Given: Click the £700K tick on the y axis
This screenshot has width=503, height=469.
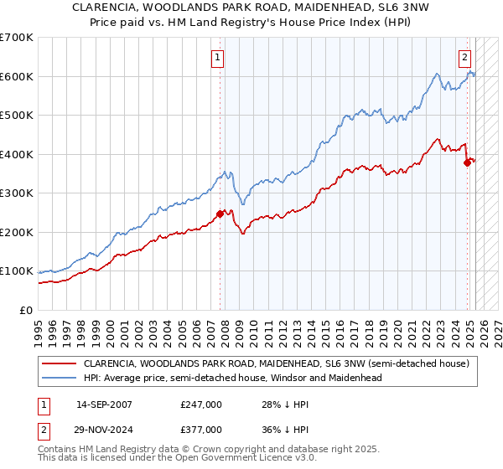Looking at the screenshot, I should click(17, 38).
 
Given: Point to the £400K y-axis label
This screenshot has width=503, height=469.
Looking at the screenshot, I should click(17, 154).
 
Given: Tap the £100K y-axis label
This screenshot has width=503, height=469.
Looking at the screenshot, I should click(17, 271).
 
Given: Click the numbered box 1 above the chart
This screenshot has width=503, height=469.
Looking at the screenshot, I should click(218, 58).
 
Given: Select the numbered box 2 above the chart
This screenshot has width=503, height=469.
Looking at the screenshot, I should click(464, 58).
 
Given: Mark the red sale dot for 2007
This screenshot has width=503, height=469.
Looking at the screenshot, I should click(220, 214).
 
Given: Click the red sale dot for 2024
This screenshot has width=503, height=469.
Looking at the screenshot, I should click(468, 162).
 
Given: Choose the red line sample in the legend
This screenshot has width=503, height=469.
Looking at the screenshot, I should click(58, 363).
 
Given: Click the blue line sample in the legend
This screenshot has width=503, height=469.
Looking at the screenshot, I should click(58, 378).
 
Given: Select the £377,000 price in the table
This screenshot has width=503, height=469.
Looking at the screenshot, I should click(201, 430).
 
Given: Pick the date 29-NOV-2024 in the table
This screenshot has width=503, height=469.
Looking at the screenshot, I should click(105, 430).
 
